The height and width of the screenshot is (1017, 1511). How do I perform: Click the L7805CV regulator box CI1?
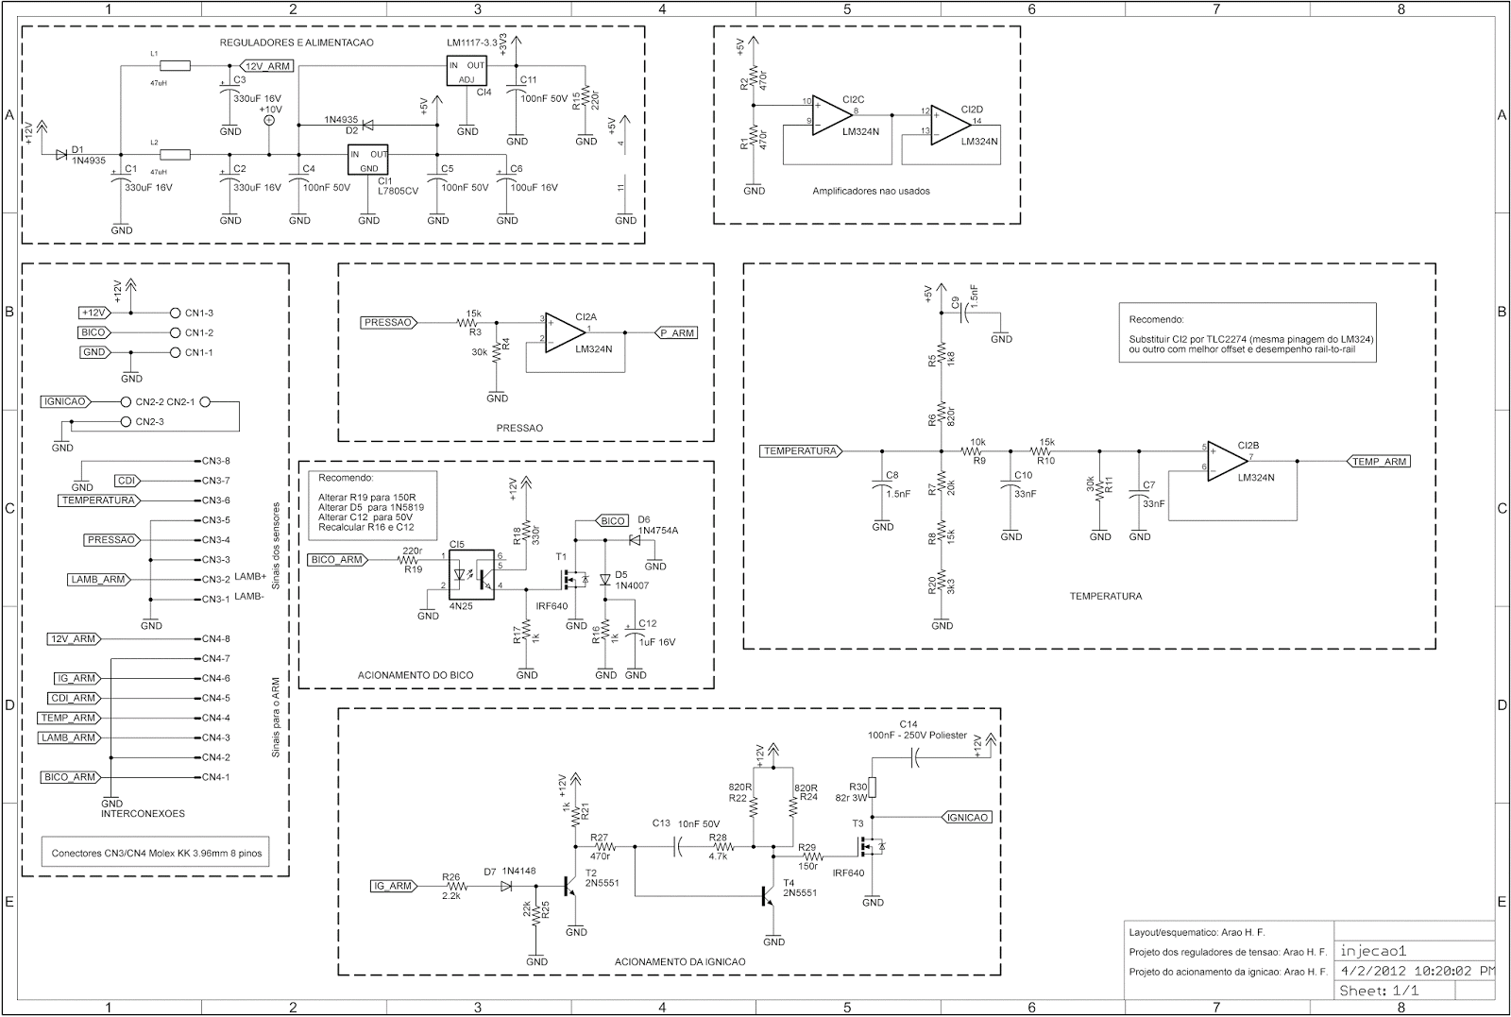tap(368, 161)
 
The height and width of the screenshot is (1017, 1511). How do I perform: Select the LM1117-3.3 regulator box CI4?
tap(467, 72)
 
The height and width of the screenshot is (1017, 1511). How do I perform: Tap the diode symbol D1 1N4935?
tap(62, 154)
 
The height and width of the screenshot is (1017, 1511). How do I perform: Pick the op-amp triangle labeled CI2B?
tap(1227, 461)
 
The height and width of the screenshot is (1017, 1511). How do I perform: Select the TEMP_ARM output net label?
tap(1380, 462)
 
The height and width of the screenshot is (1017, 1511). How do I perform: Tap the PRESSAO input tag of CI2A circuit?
tap(389, 322)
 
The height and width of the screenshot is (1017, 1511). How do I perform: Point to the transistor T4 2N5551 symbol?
tap(769, 895)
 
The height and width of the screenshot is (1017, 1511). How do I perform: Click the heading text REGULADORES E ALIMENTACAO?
tap(296, 42)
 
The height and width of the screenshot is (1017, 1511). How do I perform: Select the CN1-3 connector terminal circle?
tap(174, 313)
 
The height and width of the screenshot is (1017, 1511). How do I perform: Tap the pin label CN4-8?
tap(216, 639)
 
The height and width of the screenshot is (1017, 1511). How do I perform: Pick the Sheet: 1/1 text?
tap(1379, 991)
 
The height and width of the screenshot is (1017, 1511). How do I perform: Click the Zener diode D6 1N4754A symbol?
tap(632, 540)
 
